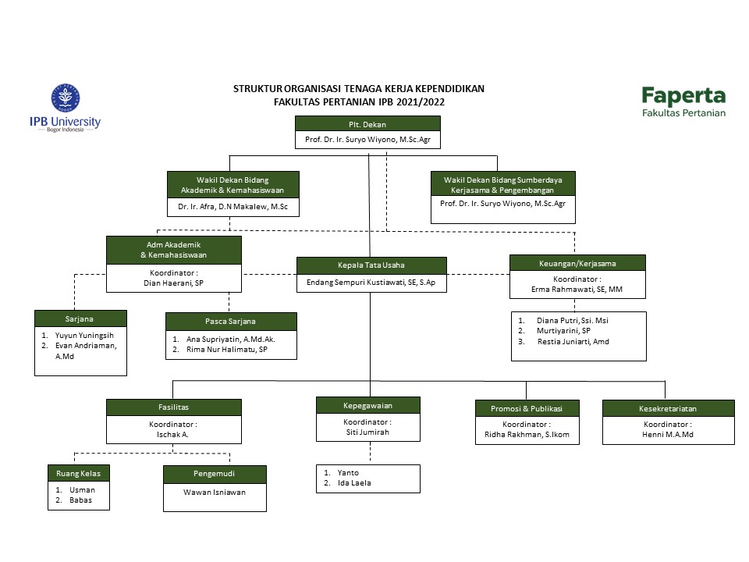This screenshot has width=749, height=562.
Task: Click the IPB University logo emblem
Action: click(66, 98)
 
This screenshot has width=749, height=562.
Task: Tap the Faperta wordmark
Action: click(683, 96)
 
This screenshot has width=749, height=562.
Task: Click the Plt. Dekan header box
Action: click(367, 124)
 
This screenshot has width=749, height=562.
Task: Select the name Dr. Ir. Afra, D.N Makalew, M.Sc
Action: click(233, 206)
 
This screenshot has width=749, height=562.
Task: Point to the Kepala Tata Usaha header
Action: click(371, 265)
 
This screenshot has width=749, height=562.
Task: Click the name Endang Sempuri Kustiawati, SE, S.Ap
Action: click(371, 283)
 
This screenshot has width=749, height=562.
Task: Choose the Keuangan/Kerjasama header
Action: click(577, 263)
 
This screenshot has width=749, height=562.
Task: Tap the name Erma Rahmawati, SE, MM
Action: click(577, 289)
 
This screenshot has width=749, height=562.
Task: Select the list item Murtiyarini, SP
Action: click(563, 331)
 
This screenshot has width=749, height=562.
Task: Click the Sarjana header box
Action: click(80, 318)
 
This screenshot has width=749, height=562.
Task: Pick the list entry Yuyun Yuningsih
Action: click(84, 336)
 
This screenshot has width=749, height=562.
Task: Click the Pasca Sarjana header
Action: click(231, 322)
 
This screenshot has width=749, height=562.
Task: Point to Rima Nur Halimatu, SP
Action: click(227, 350)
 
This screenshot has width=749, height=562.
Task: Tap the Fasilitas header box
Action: click(174, 407)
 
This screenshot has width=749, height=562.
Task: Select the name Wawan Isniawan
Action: click(215, 493)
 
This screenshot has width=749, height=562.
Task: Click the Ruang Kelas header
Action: click(79, 473)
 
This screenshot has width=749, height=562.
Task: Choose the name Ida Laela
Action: click(354, 483)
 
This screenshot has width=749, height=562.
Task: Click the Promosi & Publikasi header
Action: click(527, 408)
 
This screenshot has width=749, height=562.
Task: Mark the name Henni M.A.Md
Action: click(668, 435)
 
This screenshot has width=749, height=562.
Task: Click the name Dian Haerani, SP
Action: click(173, 283)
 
